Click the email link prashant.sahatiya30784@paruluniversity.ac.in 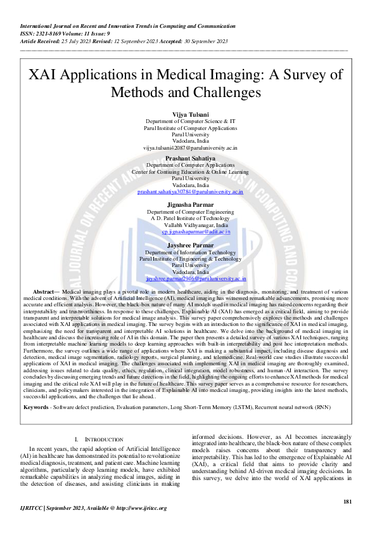(x=190, y=191)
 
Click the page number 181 (x=347, y=502)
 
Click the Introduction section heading (x=101, y=439)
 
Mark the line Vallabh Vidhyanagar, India (x=196, y=225)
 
